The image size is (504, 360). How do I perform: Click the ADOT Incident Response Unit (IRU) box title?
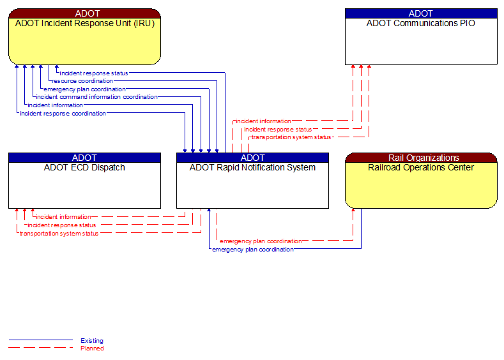click(x=84, y=24)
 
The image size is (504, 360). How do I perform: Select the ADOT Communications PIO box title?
click(x=421, y=24)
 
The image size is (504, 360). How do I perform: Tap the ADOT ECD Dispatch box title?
click(x=84, y=168)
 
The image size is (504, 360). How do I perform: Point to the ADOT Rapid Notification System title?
click(x=252, y=168)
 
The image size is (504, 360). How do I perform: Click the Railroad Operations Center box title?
click(x=421, y=168)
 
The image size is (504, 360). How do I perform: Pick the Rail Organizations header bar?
click(x=421, y=158)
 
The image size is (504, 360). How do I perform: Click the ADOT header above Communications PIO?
click(x=421, y=13)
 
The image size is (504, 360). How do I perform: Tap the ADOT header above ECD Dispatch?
click(x=84, y=158)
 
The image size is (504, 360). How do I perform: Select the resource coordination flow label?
click(x=82, y=81)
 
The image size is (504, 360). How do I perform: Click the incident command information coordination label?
click(x=96, y=97)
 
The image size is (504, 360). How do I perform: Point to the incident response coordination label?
click(x=63, y=114)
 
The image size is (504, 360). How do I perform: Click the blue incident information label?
click(x=55, y=105)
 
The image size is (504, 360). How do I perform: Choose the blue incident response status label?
click(x=94, y=73)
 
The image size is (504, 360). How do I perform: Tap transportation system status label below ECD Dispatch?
click(x=59, y=234)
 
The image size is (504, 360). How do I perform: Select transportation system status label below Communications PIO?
click(x=291, y=137)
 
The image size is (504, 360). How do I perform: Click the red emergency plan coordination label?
click(x=261, y=241)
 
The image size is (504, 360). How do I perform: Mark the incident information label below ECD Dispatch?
click(x=63, y=217)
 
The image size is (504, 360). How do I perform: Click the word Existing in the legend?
click(x=92, y=341)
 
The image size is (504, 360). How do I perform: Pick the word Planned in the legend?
click(x=92, y=349)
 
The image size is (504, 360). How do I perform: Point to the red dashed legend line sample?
click(x=41, y=348)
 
